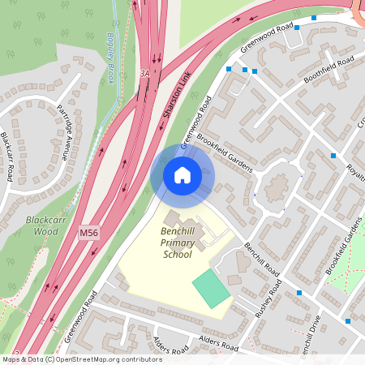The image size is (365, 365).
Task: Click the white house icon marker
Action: [x=182, y=175]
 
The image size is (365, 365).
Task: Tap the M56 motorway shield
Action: [x=89, y=234]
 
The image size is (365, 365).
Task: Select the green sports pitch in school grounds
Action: [x=212, y=288]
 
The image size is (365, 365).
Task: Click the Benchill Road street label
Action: [x=261, y=260]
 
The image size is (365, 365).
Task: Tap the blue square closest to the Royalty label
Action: [x=333, y=155]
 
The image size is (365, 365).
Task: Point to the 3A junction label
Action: [x=145, y=72]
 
